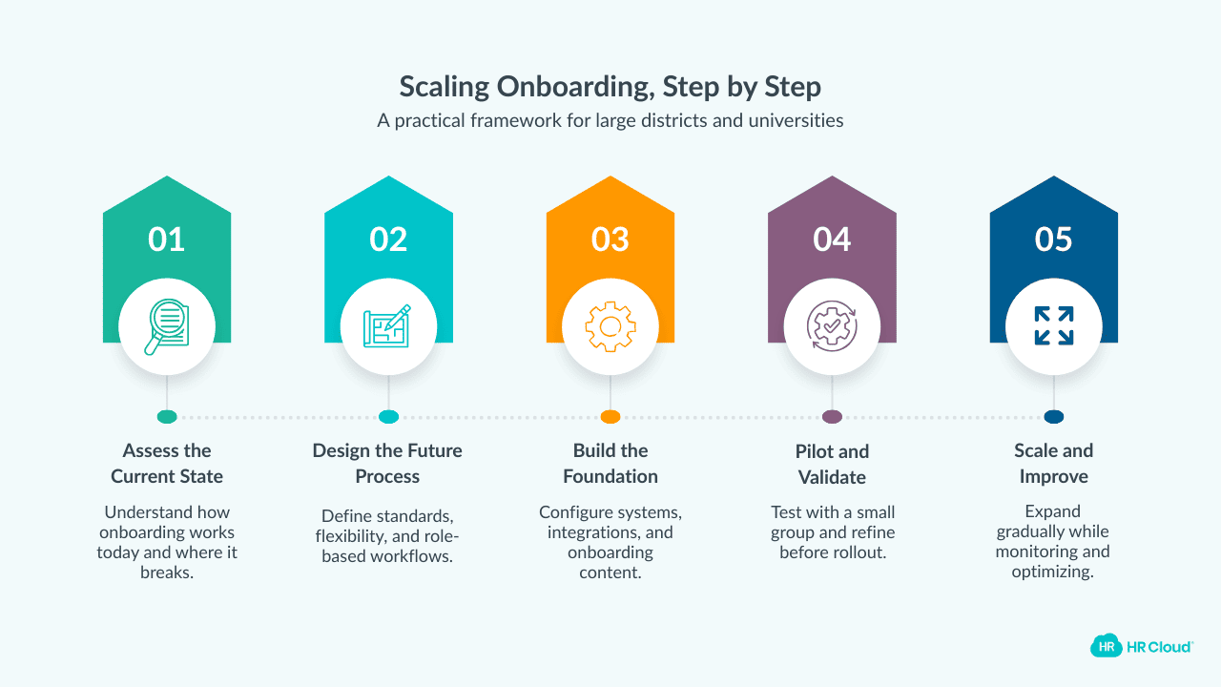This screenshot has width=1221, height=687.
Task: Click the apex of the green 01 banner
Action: point(167,177)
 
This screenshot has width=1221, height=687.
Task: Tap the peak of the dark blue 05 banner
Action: point(1054,177)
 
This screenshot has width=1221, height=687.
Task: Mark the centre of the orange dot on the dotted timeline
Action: point(610,417)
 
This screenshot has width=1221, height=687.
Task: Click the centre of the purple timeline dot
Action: point(832,417)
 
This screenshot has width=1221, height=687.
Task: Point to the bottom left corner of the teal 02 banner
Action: point(325,343)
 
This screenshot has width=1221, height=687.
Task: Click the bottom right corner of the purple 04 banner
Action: point(896,343)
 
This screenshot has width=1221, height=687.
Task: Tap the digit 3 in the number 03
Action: point(620,239)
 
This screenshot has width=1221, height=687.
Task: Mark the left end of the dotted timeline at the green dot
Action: point(157,417)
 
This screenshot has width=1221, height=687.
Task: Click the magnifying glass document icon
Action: point(167,326)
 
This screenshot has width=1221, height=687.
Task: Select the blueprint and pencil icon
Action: point(387,325)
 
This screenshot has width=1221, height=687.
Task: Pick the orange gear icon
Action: point(610,326)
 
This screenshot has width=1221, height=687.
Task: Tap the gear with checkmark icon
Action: point(832,326)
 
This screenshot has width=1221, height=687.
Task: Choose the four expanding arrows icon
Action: point(1054,326)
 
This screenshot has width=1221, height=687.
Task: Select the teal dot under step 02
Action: point(388,417)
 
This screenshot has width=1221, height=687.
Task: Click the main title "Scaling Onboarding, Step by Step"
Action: point(610,87)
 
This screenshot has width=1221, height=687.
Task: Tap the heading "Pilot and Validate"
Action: point(832,464)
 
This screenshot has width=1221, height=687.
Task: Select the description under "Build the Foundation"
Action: point(610,542)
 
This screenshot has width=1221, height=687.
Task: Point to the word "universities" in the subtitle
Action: point(796,120)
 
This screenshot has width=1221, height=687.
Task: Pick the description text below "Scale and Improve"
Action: point(1053,541)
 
